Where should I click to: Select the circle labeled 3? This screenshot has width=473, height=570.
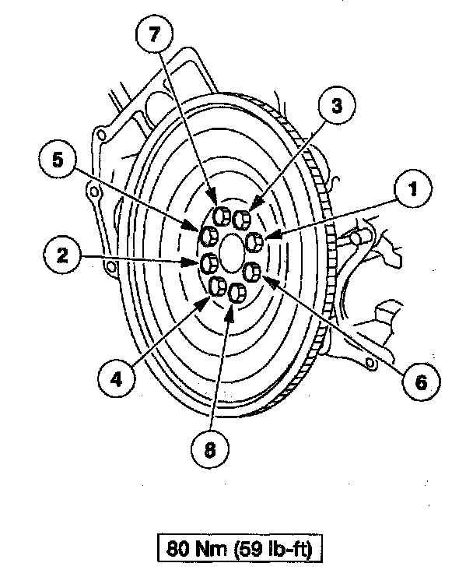point(335,105)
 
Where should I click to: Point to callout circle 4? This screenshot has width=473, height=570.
point(116,379)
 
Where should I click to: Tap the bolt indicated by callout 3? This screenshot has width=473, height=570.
point(241,220)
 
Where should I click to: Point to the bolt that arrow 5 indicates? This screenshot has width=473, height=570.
point(210,236)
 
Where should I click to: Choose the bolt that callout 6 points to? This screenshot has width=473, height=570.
point(252,272)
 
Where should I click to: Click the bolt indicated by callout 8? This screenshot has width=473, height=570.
point(236,293)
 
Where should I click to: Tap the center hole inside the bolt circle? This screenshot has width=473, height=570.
point(232,253)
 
